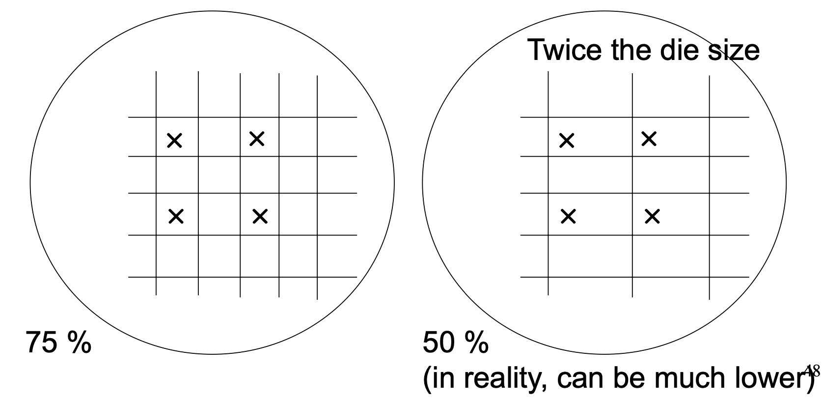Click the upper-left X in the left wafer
point(174,141)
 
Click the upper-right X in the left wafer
point(257,139)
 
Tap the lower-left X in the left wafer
point(176,216)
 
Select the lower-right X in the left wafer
point(260,216)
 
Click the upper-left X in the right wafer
point(567,141)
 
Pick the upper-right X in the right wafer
point(649,139)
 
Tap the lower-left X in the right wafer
point(568,216)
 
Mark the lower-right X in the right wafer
point(652,216)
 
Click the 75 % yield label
point(58,342)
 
